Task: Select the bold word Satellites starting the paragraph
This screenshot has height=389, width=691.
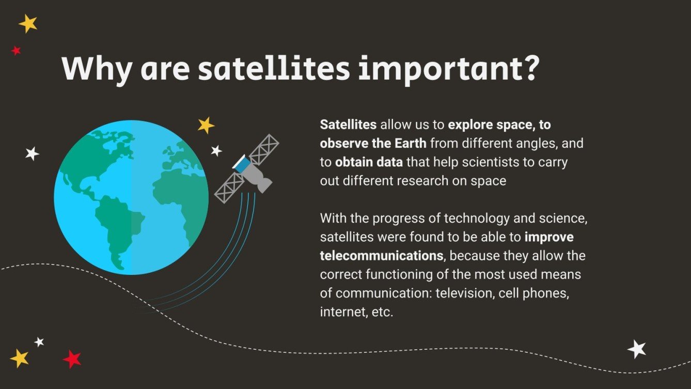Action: coord(349,125)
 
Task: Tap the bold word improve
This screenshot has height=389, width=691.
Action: coord(549,237)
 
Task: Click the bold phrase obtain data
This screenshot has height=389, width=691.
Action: coord(369,162)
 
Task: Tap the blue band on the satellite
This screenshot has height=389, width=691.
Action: coord(241,164)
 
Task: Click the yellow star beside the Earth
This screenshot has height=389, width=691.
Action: coord(206,125)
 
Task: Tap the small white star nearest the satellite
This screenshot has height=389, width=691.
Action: coord(216,150)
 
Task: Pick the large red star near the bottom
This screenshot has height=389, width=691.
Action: coord(72,359)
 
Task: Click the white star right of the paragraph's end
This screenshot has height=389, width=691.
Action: coord(636,349)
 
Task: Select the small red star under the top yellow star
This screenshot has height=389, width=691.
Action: coord(16,51)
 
